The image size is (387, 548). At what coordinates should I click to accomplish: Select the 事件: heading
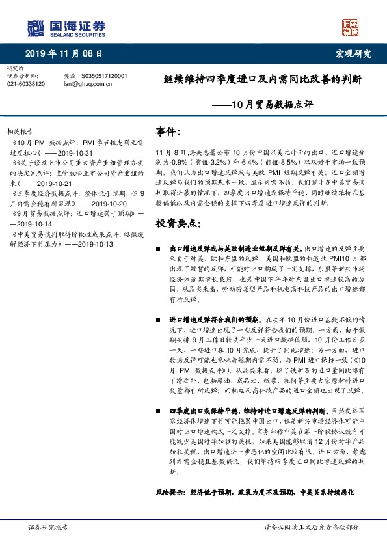169,133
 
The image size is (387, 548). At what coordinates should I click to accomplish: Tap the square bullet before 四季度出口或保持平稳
159,411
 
